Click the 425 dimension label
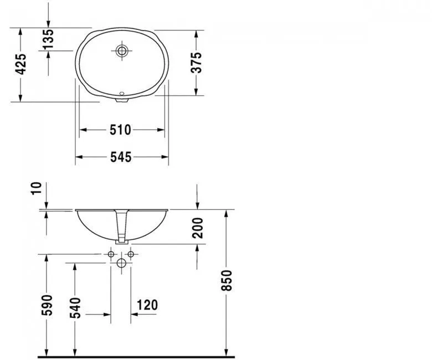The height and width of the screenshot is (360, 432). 20,64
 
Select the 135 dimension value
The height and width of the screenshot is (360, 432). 49,39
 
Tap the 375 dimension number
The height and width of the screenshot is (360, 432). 196,63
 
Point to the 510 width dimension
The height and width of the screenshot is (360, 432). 120,130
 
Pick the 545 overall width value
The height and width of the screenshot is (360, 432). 120,157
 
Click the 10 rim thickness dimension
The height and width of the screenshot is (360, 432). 36,188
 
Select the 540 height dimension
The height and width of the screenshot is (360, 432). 75,307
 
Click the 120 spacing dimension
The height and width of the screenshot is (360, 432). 147,305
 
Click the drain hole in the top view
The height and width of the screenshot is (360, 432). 122,51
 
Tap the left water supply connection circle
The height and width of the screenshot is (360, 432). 111,254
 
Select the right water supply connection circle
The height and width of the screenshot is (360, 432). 131,254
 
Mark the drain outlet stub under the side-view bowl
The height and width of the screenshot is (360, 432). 122,241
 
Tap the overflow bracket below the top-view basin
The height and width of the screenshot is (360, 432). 122,100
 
